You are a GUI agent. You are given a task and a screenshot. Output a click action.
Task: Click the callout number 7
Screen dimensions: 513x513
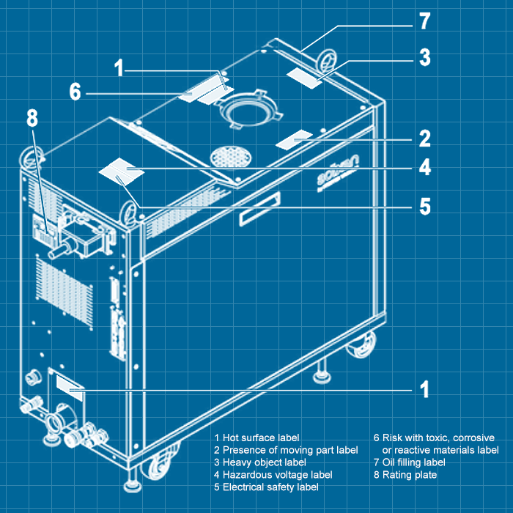click(425, 20)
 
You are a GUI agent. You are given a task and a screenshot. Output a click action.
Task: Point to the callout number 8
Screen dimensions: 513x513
click(32, 119)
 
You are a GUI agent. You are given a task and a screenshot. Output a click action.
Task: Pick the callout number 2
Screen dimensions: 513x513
click(425, 138)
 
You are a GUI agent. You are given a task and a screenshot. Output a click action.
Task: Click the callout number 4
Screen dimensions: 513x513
click(425, 168)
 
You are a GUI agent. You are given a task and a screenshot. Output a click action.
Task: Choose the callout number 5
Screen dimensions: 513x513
click(425, 207)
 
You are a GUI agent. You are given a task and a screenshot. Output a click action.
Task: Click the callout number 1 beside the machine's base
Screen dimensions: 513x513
click(425, 388)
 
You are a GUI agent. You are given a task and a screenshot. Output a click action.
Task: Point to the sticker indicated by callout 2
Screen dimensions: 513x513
click(294, 139)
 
